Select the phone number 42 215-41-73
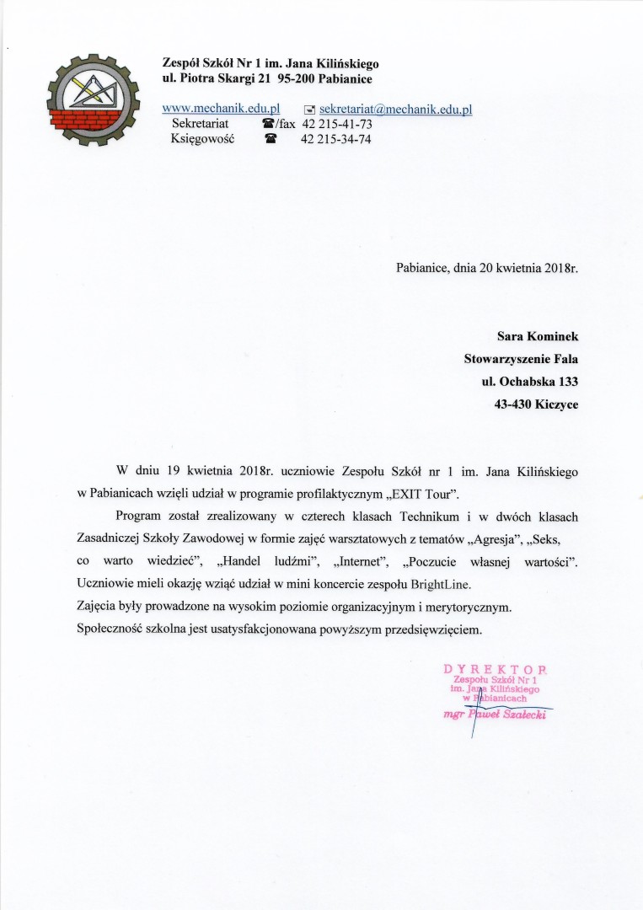click(336, 124)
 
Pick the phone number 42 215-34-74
click(336, 139)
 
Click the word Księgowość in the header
click(202, 139)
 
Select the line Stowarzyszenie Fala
click(522, 359)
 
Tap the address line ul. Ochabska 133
click(530, 382)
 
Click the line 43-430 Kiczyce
click(536, 404)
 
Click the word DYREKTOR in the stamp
click(495, 670)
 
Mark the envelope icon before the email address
click(309, 110)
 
